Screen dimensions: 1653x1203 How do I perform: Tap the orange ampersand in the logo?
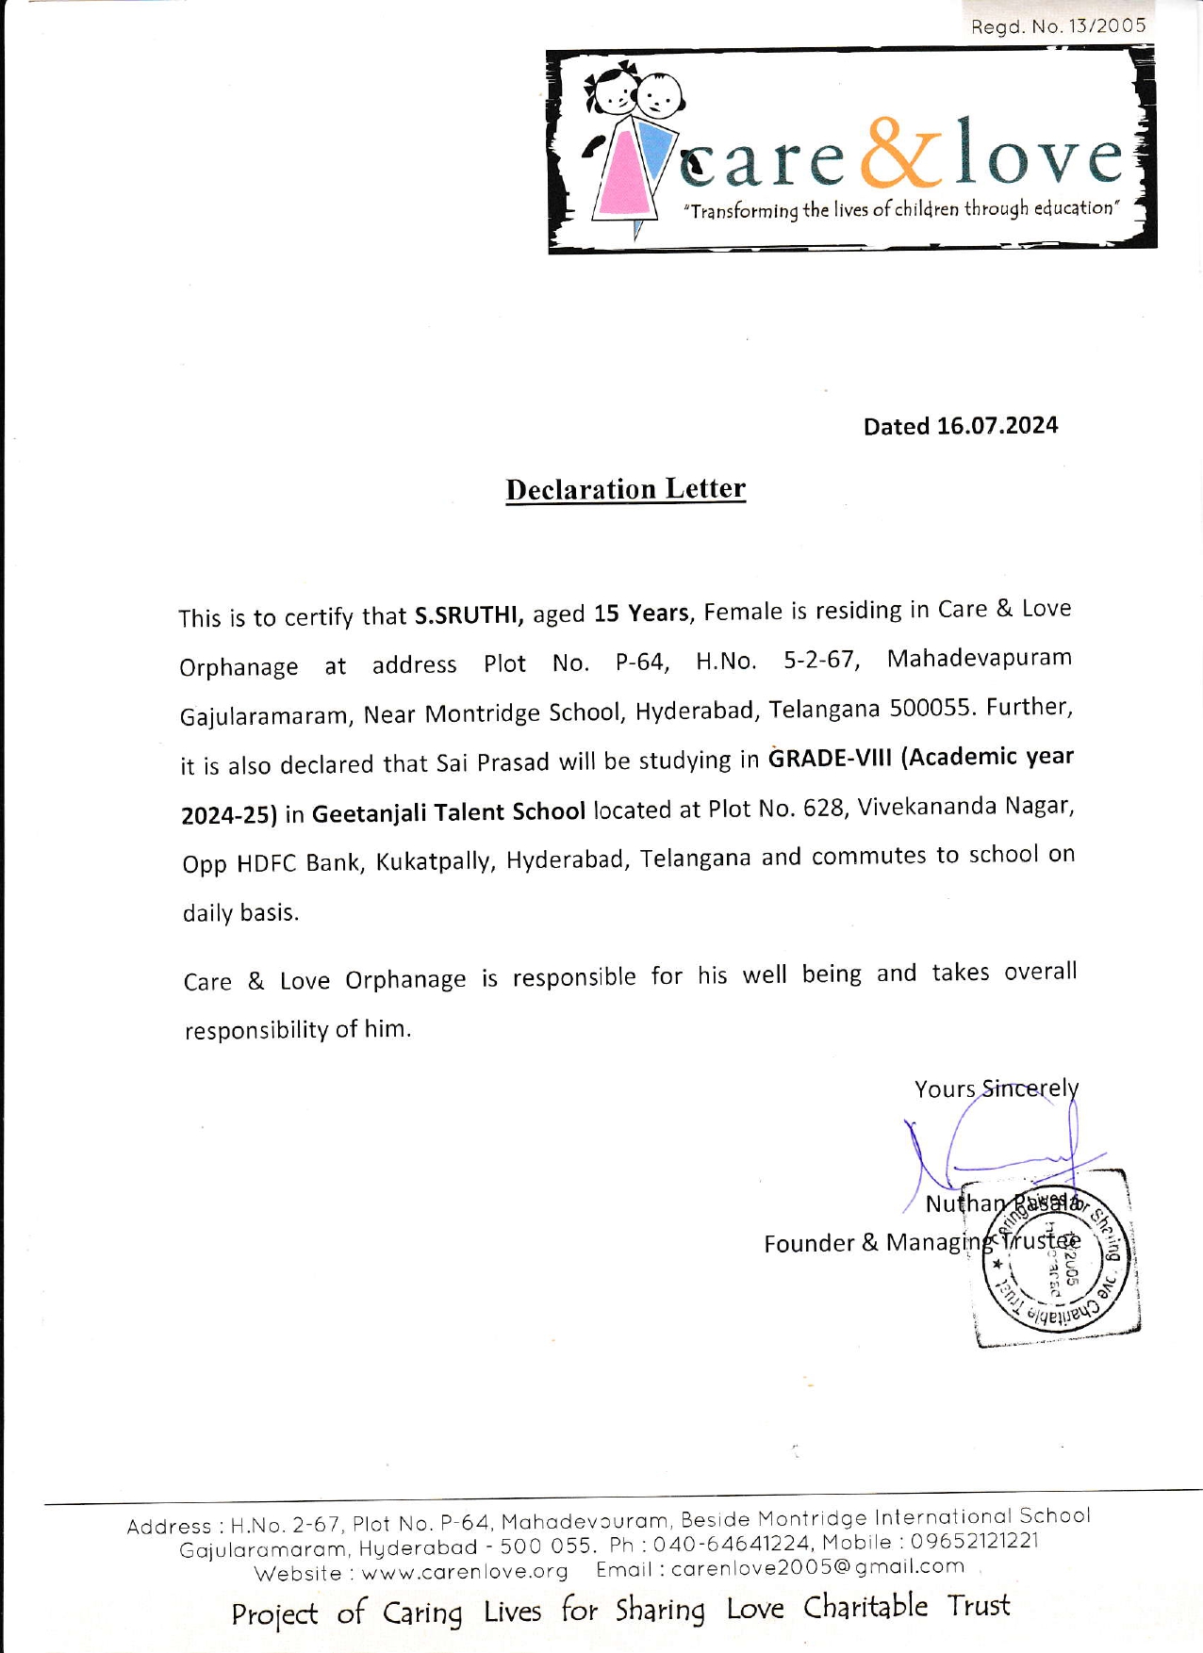tap(900, 153)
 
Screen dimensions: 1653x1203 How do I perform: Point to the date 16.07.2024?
tap(997, 426)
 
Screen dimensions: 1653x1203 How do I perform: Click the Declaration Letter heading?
tap(625, 489)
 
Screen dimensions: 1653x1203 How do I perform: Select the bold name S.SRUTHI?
tap(469, 615)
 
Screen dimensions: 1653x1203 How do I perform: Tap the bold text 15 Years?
tap(641, 614)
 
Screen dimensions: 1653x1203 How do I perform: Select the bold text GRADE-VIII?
tap(830, 758)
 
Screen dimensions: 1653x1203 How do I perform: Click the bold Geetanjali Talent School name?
tap(448, 811)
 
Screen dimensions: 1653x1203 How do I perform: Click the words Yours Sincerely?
tap(996, 1088)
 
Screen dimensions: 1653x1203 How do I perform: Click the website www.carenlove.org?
tap(465, 1572)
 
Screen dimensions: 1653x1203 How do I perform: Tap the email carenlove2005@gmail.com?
tap(817, 1566)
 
